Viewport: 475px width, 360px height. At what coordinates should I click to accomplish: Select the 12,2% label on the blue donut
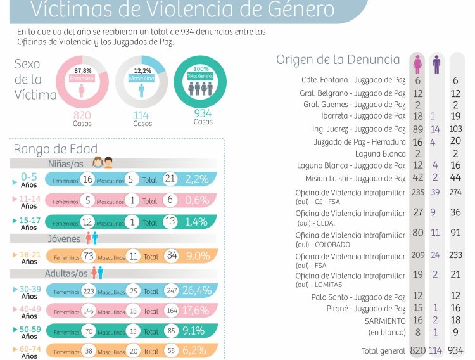point(142,70)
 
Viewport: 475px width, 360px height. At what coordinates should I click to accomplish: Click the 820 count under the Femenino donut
point(82,115)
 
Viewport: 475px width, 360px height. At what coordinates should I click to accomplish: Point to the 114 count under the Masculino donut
point(141,115)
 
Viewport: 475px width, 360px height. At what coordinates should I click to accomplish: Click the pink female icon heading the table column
point(417,65)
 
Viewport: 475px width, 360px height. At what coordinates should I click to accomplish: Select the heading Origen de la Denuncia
point(338,60)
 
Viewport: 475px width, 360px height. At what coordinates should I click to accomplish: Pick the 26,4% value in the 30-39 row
point(196,290)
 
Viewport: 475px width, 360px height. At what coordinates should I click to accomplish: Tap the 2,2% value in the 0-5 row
point(196,179)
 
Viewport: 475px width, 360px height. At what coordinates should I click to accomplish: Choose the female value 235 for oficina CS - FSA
point(417,192)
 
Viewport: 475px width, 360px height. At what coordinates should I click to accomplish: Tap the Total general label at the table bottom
point(383,350)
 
